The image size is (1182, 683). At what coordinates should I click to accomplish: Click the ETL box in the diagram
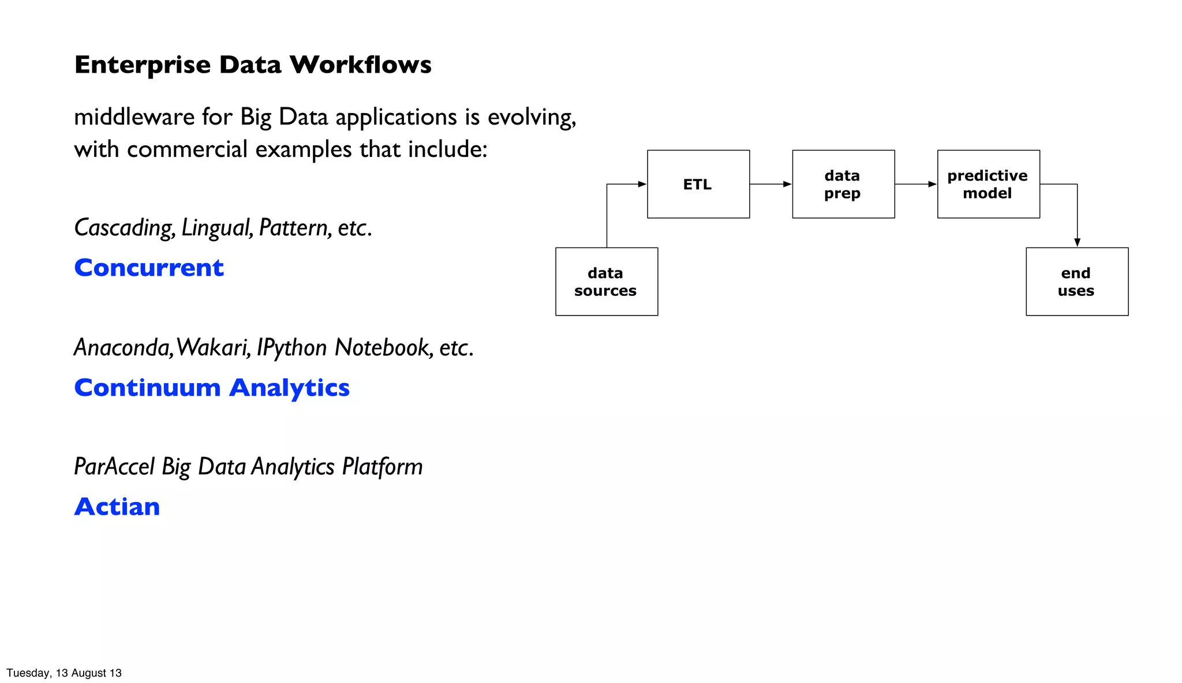[698, 184]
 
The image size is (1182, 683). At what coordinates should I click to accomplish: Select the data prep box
[843, 184]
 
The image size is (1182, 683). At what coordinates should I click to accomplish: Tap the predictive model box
[988, 184]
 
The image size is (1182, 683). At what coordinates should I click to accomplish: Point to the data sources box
[606, 282]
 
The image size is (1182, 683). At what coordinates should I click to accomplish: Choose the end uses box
[1076, 282]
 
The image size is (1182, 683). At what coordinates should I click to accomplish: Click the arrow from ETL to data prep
[770, 184]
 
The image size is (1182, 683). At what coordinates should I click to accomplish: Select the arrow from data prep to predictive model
[915, 184]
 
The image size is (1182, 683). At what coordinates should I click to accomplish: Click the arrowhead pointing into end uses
[1077, 243]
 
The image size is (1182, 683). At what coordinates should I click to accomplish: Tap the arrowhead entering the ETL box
[642, 184]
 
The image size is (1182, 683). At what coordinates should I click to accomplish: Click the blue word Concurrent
[149, 268]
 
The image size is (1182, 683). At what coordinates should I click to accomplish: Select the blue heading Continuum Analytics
[212, 388]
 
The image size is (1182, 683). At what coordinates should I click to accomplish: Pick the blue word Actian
[117, 507]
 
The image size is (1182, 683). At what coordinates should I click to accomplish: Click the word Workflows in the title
[360, 65]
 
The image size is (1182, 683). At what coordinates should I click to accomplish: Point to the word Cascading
[124, 227]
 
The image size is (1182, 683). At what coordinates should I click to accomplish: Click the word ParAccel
[114, 467]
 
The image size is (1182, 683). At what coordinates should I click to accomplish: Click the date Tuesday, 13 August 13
[63, 673]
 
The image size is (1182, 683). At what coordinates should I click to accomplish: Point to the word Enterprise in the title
[142, 65]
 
